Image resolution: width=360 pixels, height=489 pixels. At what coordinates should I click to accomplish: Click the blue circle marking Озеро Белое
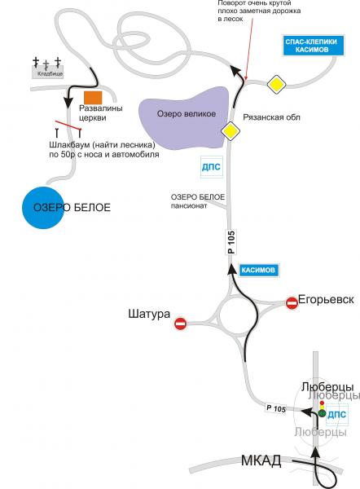coord(43,208)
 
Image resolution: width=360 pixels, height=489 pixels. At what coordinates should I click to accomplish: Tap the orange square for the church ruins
coord(93,98)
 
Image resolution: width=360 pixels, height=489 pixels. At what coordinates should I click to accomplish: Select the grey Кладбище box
coord(48,72)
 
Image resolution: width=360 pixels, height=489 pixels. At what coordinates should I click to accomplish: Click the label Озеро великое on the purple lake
coord(186,114)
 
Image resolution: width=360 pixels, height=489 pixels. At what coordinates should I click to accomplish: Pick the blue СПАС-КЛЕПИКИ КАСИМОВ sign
coord(314,46)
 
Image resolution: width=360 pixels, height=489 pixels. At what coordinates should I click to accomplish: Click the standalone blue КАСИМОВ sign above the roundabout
coord(259,270)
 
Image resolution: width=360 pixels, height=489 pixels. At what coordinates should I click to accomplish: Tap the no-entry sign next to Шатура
coord(181,324)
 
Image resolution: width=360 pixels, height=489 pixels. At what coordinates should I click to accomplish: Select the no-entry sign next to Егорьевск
coord(292,303)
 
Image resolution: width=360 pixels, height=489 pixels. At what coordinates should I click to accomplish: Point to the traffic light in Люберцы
coord(322,409)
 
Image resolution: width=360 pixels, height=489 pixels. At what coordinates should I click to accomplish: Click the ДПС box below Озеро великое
coord(211,167)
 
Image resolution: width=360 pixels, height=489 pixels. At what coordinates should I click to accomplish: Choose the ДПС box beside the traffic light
coord(337,415)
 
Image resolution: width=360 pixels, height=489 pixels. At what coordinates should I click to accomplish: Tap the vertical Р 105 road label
coord(231,242)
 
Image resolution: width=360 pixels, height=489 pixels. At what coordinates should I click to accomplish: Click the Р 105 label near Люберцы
coord(276,408)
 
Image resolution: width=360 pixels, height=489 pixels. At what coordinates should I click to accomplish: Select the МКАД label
coord(261,460)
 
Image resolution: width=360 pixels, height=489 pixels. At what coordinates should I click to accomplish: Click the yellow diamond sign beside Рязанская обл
coord(230,131)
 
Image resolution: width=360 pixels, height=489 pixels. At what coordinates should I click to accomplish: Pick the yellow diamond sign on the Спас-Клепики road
coord(276,84)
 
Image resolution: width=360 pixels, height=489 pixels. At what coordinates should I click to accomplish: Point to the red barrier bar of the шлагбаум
coord(68,125)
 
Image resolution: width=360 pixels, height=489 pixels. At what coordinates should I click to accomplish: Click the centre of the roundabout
coord(238,316)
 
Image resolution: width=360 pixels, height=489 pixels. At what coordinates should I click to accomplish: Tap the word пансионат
coord(189,206)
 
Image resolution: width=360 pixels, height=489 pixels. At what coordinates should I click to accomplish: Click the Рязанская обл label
coord(271,117)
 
